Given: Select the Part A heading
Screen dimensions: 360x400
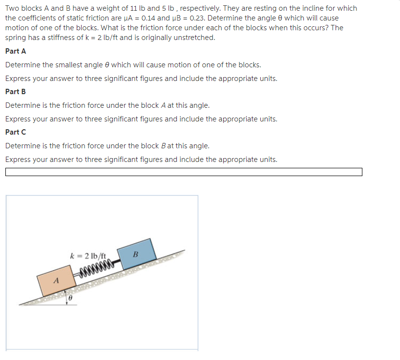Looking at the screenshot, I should click(x=16, y=51).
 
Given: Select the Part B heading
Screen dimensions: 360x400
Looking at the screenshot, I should click(x=16, y=92).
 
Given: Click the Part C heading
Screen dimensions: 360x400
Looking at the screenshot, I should click(x=16, y=132).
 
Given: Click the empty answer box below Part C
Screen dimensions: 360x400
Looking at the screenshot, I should click(x=184, y=172).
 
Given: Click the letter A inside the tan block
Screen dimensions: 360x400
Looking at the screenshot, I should click(x=56, y=281).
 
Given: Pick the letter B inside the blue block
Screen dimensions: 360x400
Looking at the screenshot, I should click(x=136, y=254).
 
